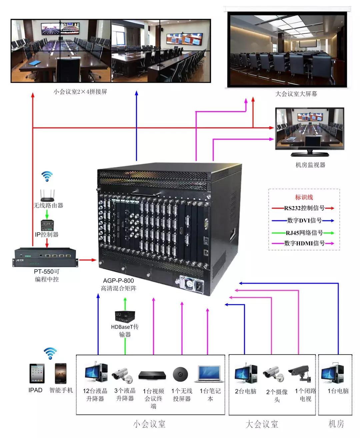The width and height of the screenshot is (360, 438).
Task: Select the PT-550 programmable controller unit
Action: pos(47,257)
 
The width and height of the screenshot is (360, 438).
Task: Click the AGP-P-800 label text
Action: pos(118,281)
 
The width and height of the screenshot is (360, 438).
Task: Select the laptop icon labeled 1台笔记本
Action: pos(210,374)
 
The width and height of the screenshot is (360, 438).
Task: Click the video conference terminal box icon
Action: pos(153,375)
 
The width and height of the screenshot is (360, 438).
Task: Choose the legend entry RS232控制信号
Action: pos(304,208)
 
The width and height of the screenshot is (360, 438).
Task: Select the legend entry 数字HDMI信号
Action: pos(304,243)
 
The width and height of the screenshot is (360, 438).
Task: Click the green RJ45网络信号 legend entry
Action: pos(304,232)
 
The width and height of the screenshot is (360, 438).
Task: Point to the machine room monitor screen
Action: pos(309,128)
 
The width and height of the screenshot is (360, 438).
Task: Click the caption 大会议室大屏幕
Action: pos(296,94)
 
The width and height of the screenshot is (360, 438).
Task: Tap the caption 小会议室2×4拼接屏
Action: pos(80,92)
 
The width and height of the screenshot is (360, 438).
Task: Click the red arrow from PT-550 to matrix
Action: pos(88,259)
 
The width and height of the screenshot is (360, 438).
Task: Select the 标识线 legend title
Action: pos(304,197)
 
